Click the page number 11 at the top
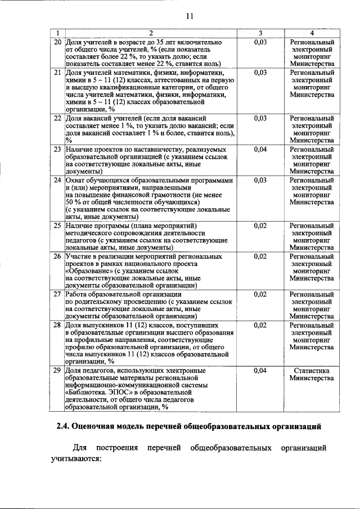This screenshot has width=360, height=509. pos(190,16)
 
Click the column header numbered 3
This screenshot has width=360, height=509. pos(260,33)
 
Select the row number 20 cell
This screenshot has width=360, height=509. pos(57,42)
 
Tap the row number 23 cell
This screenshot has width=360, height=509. pos(57,149)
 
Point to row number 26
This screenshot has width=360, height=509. pos(57,256)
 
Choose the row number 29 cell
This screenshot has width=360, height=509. pos(57,371)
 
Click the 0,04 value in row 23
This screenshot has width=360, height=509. pos(260,149)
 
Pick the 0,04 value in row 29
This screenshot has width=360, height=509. pos(260,371)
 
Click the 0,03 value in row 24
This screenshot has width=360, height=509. pos(260,180)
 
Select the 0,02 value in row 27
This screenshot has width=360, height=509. pos(260,294)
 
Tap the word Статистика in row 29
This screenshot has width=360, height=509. pos(312,371)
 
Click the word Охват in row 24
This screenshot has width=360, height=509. pos(75,180)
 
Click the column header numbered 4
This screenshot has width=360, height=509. pos(312,33)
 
